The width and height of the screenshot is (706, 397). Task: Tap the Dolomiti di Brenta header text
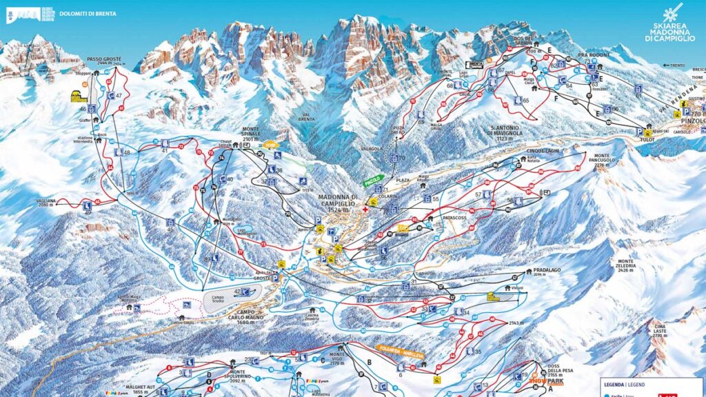pyautogui.click(x=87, y=14)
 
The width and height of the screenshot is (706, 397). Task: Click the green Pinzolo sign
pyautogui.click(x=372, y=182)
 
